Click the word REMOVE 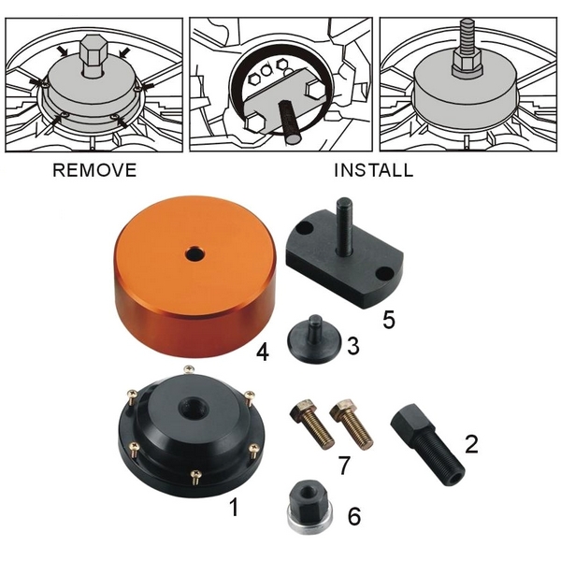94,170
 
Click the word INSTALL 373,170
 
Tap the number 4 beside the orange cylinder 263,352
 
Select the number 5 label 389,320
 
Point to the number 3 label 353,346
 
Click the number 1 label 234,508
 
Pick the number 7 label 344,465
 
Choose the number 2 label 471,444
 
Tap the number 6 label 354,517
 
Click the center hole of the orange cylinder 195,254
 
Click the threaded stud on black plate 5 342,226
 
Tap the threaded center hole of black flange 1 192,409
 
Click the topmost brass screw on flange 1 189,370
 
